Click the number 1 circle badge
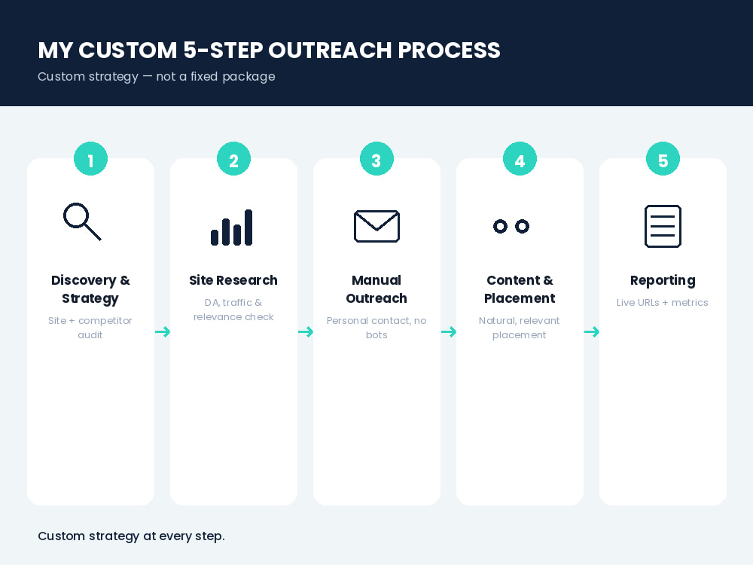coord(91,158)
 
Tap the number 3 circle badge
coord(376,158)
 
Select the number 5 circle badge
coord(663,158)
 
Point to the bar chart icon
coord(231,228)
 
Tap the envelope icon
coord(376,226)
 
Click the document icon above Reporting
coord(663,226)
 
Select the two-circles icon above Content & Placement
coord(501,226)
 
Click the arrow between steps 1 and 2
coord(163,331)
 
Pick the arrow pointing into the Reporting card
coord(592,331)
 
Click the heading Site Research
coord(233,280)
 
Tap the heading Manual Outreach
coord(376,289)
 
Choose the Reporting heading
coord(663,280)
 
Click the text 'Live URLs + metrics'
coord(662,303)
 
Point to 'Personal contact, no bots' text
coord(376,328)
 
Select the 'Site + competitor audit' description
coord(90,328)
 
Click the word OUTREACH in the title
coord(330,50)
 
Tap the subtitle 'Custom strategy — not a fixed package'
coord(157,77)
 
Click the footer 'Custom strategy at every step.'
coord(131,536)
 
